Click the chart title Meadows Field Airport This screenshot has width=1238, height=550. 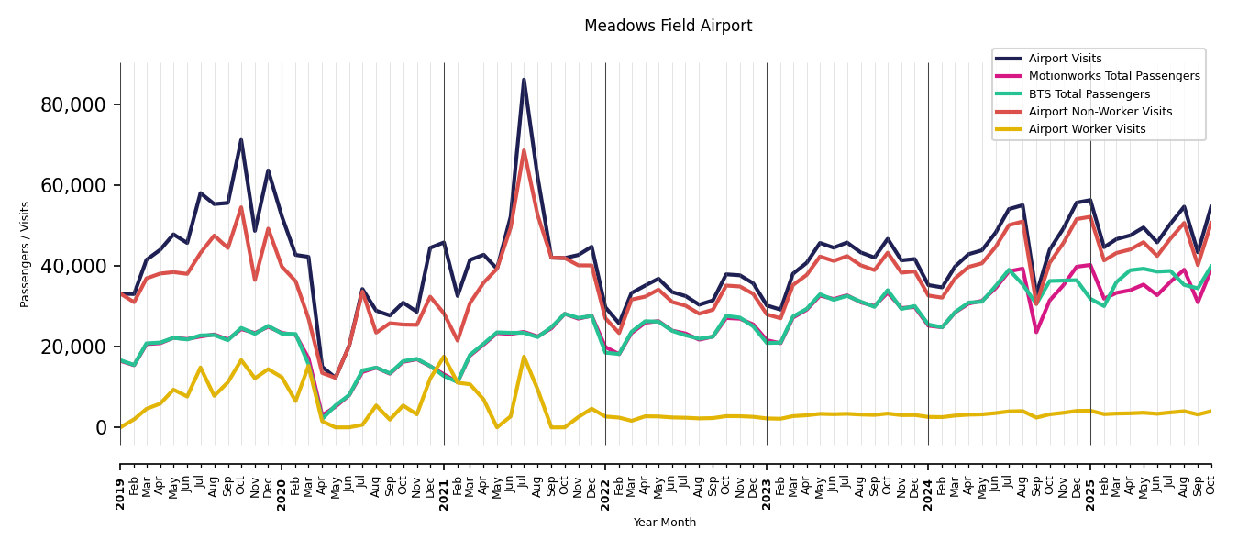(668, 27)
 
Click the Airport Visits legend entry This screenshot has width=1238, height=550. (1065, 59)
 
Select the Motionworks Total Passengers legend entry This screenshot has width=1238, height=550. (1113, 76)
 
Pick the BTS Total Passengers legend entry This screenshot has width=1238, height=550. (1089, 94)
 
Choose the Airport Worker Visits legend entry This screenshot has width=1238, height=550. (1087, 129)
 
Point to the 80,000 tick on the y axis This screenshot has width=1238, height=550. (73, 104)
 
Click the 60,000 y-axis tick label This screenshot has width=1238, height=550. (73, 185)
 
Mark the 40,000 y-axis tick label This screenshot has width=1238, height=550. (73, 266)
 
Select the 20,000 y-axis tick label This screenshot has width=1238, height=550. (73, 346)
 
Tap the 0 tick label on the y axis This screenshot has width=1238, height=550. (101, 427)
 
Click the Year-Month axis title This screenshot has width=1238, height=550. (665, 522)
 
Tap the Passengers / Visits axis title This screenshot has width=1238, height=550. (26, 254)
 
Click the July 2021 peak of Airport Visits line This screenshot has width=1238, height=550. (524, 80)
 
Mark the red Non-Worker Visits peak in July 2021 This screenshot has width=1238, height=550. (524, 150)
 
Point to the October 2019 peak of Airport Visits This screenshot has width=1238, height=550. (241, 140)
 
